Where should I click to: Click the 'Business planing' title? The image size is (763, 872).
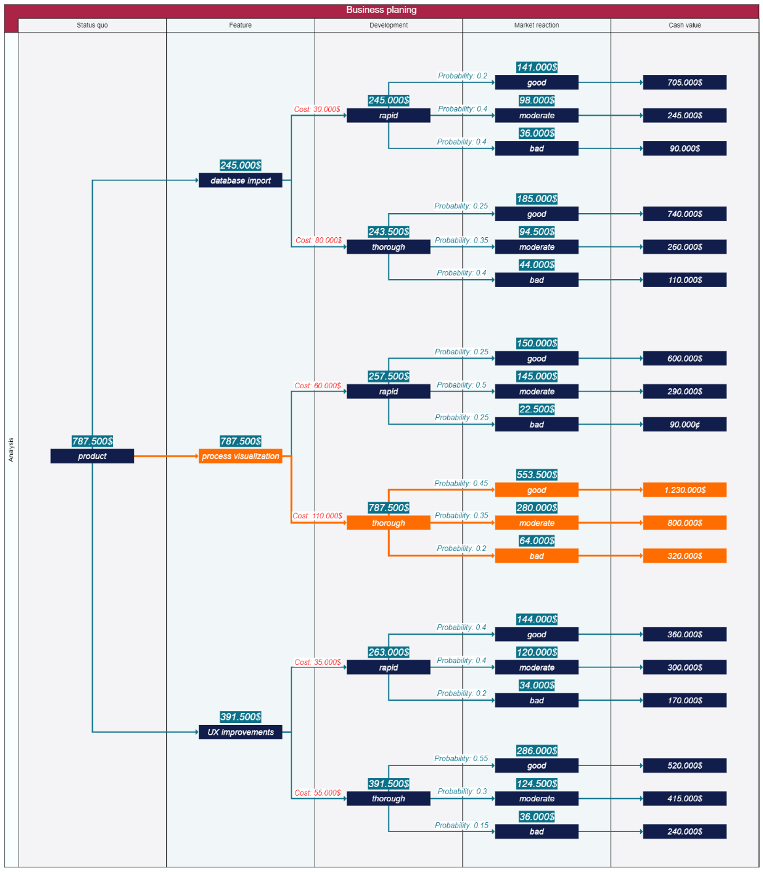(381, 10)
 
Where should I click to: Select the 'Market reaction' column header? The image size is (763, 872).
(536, 25)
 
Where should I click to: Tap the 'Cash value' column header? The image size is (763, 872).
(685, 25)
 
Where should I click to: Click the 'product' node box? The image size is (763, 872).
(92, 456)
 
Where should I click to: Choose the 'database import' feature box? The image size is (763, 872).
(241, 180)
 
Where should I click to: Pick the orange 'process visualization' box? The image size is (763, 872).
(241, 456)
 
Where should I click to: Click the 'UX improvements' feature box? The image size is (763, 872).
(241, 732)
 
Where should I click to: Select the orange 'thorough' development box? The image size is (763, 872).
(388, 523)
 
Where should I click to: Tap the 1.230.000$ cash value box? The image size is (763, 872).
(685, 490)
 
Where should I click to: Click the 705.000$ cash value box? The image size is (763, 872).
(685, 82)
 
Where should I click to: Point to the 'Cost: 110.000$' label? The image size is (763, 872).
(317, 516)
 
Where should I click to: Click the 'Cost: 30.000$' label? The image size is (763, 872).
(317, 109)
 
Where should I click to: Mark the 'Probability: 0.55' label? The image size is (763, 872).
(461, 759)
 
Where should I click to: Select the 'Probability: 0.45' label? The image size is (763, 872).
(461, 484)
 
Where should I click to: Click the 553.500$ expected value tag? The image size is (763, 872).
(537, 475)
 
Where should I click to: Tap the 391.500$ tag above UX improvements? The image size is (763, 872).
(241, 717)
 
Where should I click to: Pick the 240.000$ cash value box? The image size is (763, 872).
(685, 831)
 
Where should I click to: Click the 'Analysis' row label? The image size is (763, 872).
(11, 450)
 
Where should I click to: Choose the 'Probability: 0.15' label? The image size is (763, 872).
(462, 826)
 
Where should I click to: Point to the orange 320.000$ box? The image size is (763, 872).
(685, 556)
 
